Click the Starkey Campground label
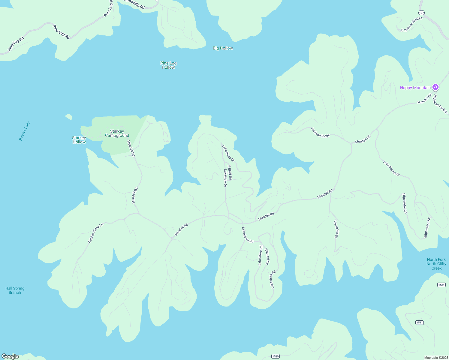pos(117,133)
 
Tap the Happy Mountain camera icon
pos(435,87)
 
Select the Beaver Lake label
pos(25,131)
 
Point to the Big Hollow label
pos(223,48)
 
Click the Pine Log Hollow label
pos(168,65)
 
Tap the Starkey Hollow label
pos(79,140)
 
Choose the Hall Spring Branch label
pos(15,290)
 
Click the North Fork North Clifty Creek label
pos(436,264)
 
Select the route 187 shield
pos(422,13)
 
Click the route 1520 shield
pos(275,356)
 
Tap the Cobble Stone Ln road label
pos(95,233)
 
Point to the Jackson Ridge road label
pos(320,132)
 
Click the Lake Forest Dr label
pos(391,168)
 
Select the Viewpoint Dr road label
pos(336,229)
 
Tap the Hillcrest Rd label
pos(267,256)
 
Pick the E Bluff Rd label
pos(230,172)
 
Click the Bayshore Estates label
pos(412,24)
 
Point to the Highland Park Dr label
pos(440,104)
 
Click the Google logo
pos(10,356)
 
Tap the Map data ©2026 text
pos(436,358)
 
